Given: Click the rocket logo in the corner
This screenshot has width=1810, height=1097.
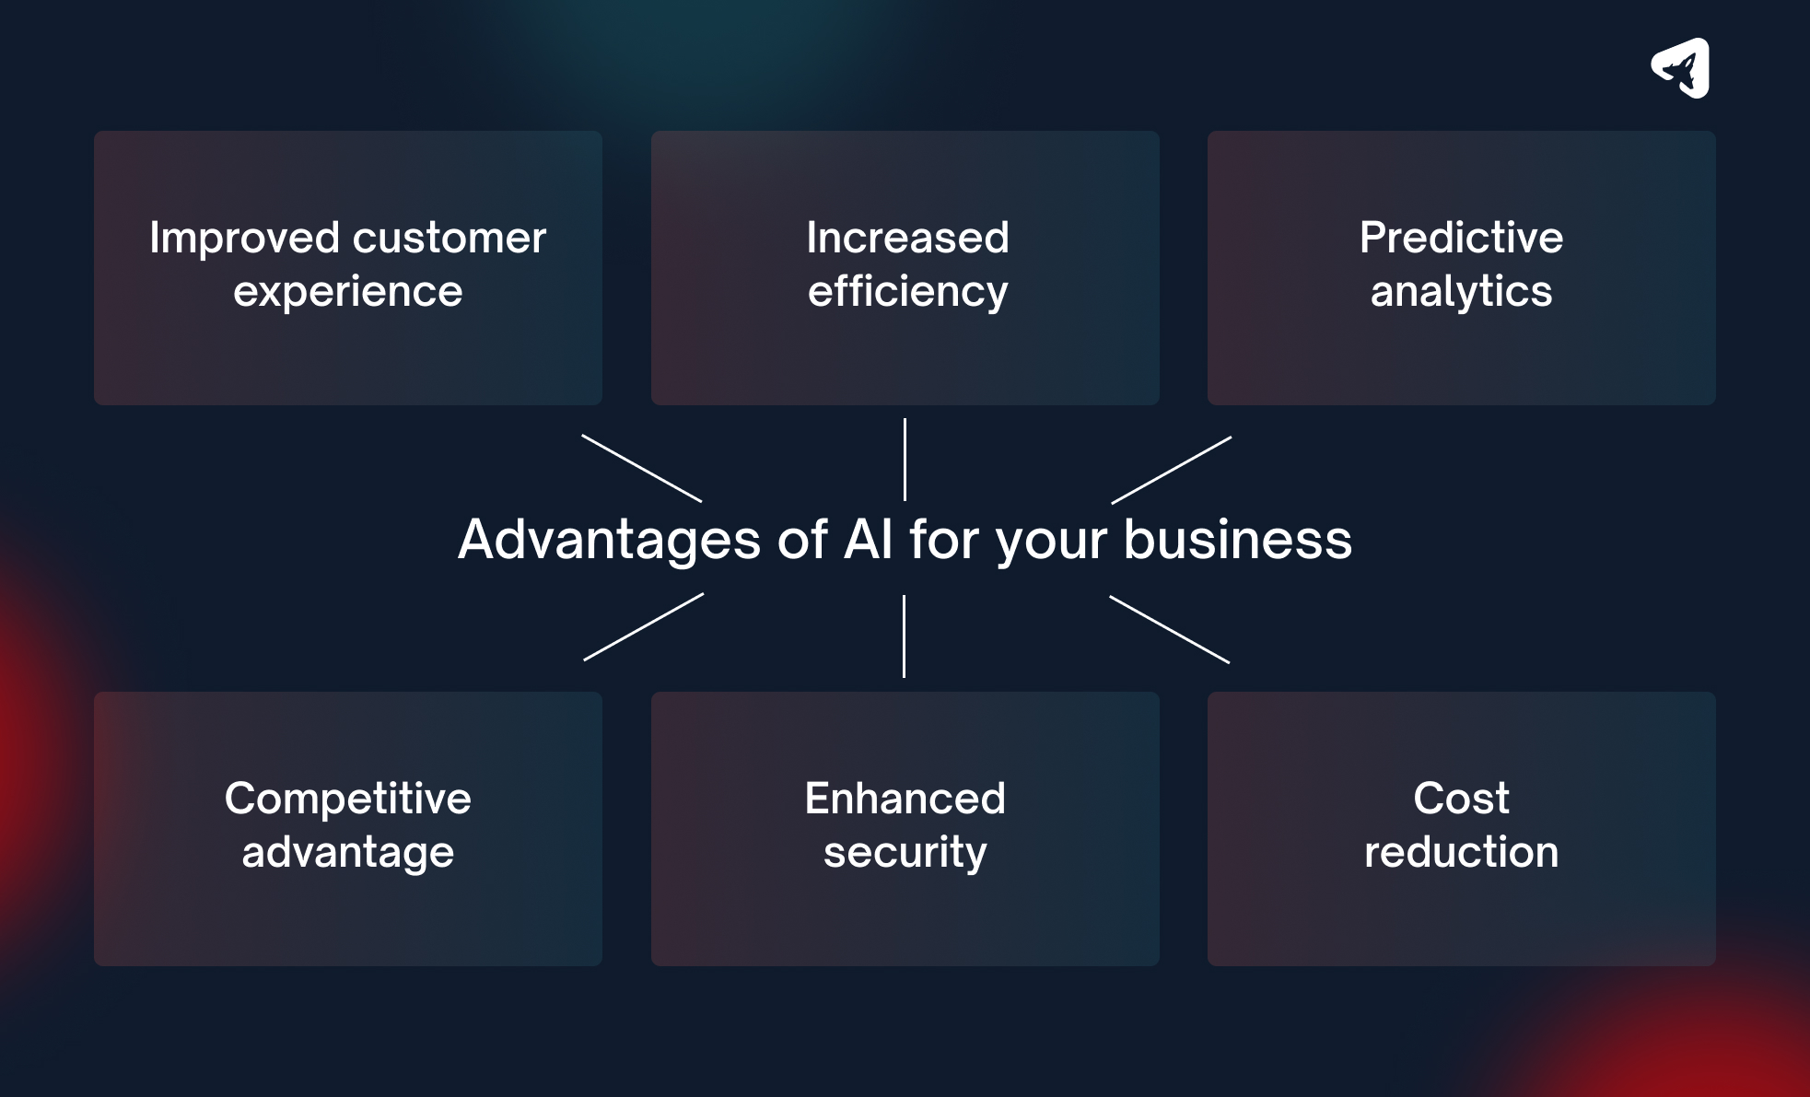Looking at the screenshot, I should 1681,68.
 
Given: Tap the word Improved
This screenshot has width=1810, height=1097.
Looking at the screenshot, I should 245,238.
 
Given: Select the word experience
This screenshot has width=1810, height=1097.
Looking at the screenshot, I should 348,292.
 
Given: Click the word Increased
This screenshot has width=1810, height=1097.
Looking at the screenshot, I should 907,238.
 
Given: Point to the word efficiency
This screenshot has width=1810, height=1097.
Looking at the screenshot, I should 907,292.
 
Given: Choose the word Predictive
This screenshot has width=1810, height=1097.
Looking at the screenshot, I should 1461,238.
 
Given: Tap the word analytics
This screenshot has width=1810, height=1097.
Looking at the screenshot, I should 1461,292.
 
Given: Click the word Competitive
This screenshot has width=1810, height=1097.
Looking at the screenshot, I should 348,799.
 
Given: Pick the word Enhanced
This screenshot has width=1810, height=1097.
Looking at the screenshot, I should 905,799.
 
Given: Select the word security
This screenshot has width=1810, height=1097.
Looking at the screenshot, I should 905,852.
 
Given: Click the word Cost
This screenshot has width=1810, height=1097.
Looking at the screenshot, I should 1461,799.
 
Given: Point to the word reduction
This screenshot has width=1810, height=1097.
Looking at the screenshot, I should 1461,852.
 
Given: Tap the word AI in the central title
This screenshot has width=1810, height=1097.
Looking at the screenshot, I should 869,540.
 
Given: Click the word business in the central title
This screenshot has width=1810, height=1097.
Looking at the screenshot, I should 1237,540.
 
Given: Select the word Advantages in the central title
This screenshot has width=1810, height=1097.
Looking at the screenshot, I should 609,540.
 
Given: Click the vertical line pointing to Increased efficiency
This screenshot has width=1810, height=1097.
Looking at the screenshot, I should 905,460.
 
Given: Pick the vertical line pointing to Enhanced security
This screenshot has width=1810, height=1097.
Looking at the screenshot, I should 904,636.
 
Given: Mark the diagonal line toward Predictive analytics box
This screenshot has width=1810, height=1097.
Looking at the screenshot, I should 1171,471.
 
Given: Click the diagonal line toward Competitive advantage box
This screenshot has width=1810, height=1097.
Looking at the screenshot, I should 644,627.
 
